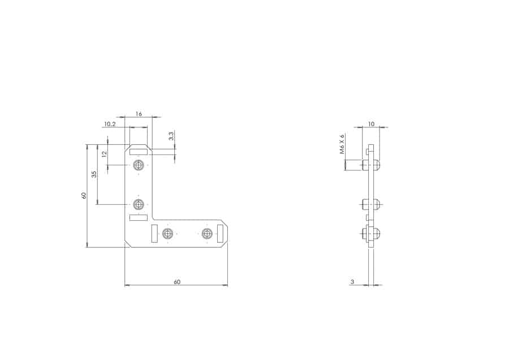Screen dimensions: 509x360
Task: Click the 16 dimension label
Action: pos(139,114)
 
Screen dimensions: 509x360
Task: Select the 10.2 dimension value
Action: pos(110,124)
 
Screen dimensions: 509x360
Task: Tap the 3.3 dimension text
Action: pos(171,136)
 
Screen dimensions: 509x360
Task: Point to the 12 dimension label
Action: pos(104,154)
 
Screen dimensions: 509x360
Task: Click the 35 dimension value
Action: pos(94,174)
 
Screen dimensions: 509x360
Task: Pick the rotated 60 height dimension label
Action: pos(84,195)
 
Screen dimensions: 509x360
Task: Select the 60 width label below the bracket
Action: pos(177,282)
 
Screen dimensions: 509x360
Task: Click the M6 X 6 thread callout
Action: pos(342,143)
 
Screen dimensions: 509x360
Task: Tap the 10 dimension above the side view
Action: pos(372,124)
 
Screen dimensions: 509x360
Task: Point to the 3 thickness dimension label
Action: pos(352,282)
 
